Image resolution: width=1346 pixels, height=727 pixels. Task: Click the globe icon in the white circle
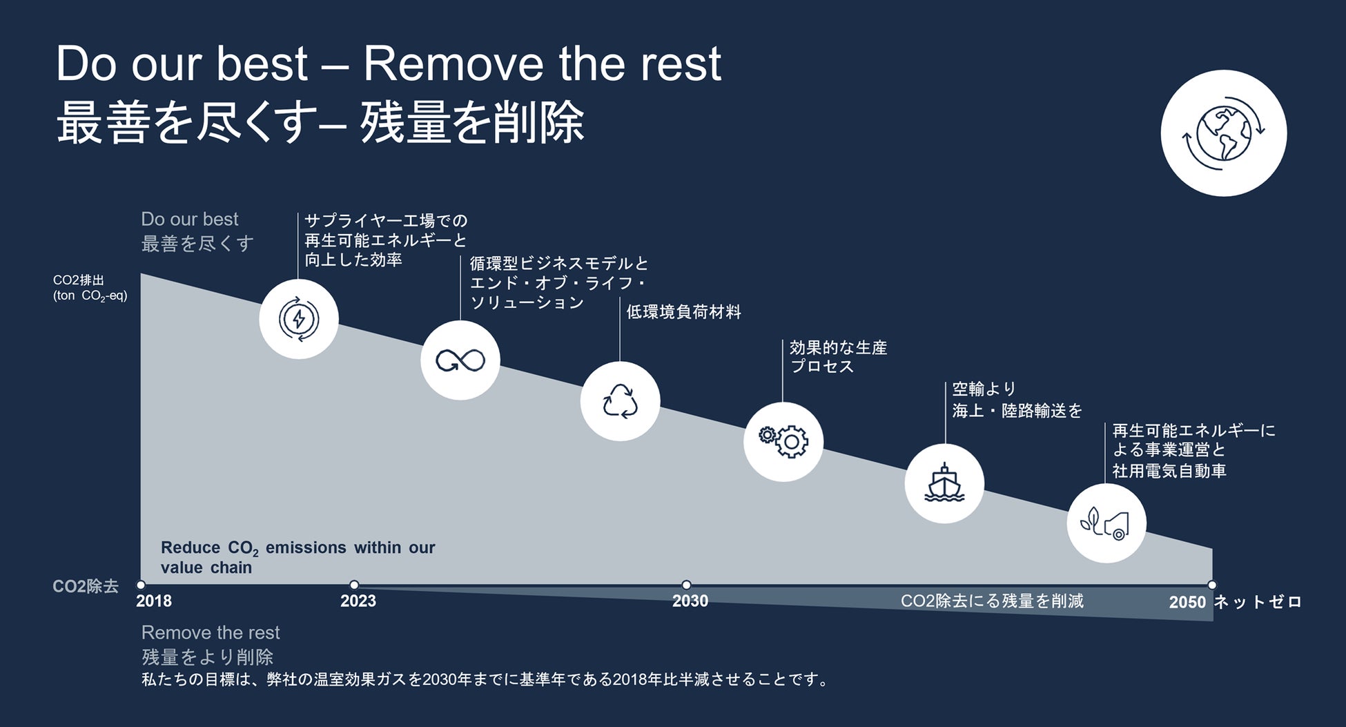point(1223,133)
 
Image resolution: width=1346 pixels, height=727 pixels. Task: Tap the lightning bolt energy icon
point(299,319)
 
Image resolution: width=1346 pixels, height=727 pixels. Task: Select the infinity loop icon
point(460,360)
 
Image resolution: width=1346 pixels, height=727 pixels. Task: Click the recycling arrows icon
point(620,401)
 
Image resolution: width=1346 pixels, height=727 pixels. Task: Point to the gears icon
point(783,441)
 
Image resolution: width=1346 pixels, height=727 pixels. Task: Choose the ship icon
point(944,483)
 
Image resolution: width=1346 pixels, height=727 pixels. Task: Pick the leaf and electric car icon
point(1106,523)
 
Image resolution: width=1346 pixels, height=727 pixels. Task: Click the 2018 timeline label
point(154,601)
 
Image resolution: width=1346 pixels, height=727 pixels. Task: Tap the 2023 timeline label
point(358,601)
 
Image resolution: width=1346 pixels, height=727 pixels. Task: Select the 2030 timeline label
point(690,601)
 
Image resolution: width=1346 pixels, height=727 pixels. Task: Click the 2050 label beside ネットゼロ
point(1187,602)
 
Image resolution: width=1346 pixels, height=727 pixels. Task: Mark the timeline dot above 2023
point(354,585)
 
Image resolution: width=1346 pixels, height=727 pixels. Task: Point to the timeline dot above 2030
point(686,585)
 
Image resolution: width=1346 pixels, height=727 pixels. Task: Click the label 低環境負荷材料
point(683,312)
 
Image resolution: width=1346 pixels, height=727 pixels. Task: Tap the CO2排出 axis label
point(79,280)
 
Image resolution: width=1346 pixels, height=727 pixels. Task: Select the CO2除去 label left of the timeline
point(86,586)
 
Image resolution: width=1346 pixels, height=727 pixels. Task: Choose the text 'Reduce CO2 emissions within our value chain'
point(298,557)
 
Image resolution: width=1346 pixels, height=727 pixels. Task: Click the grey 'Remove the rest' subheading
point(211,632)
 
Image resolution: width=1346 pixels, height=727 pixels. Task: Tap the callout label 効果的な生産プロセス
point(838,357)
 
